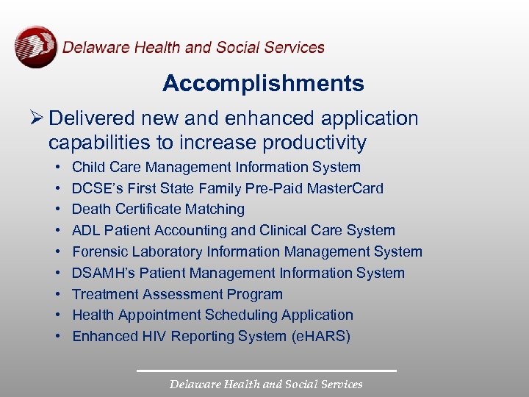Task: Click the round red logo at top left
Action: tap(36, 47)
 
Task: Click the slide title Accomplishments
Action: tap(263, 84)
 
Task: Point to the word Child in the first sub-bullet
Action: tap(88, 168)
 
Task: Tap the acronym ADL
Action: tap(86, 231)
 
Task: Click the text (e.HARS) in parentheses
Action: tap(320, 337)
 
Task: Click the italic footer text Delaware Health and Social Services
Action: tap(266, 384)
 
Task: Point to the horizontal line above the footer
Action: tap(266, 370)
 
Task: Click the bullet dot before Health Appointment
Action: tap(57, 315)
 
